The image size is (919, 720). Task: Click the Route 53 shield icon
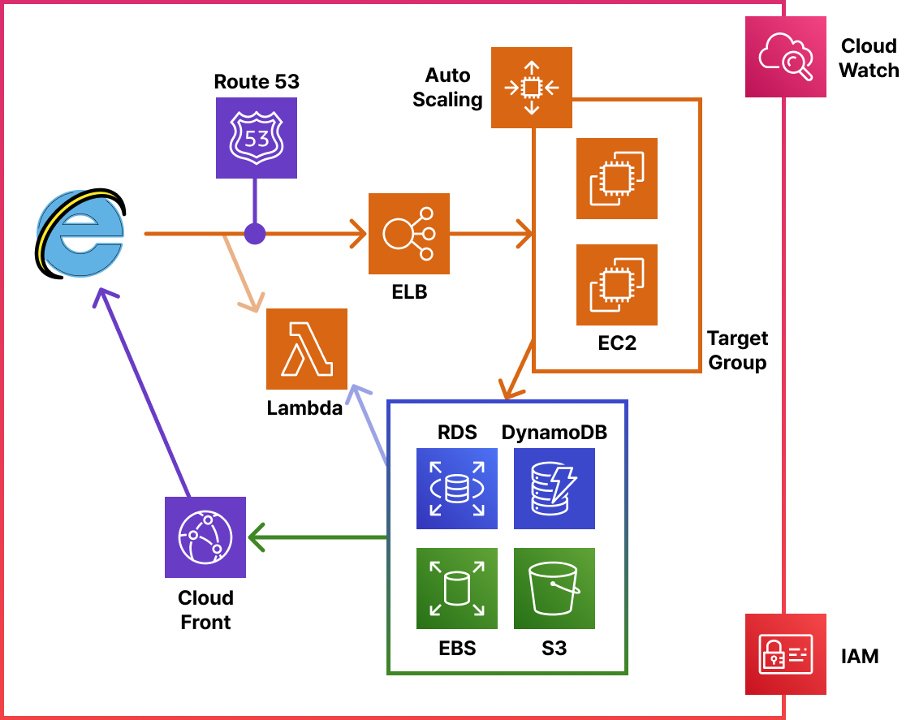click(x=256, y=138)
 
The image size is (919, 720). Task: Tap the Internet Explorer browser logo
click(x=80, y=233)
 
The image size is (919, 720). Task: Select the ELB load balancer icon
click(x=409, y=234)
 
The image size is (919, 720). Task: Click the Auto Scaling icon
click(x=532, y=88)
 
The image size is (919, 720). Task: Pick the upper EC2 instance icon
click(x=616, y=179)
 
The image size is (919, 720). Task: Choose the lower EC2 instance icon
click(x=616, y=285)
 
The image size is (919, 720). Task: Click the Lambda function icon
click(x=307, y=349)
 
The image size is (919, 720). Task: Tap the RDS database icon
click(x=456, y=489)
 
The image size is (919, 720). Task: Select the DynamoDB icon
click(x=554, y=489)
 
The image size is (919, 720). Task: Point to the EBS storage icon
click(x=456, y=589)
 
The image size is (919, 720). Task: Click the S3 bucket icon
click(x=554, y=589)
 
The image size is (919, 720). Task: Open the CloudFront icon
click(x=205, y=537)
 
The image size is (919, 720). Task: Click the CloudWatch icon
click(x=785, y=57)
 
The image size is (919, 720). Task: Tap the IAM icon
click(x=785, y=653)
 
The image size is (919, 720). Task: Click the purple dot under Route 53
click(x=255, y=234)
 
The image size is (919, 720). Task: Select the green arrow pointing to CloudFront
click(x=317, y=537)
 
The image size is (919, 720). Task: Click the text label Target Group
click(x=737, y=351)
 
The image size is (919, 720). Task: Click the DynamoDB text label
click(x=554, y=433)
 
